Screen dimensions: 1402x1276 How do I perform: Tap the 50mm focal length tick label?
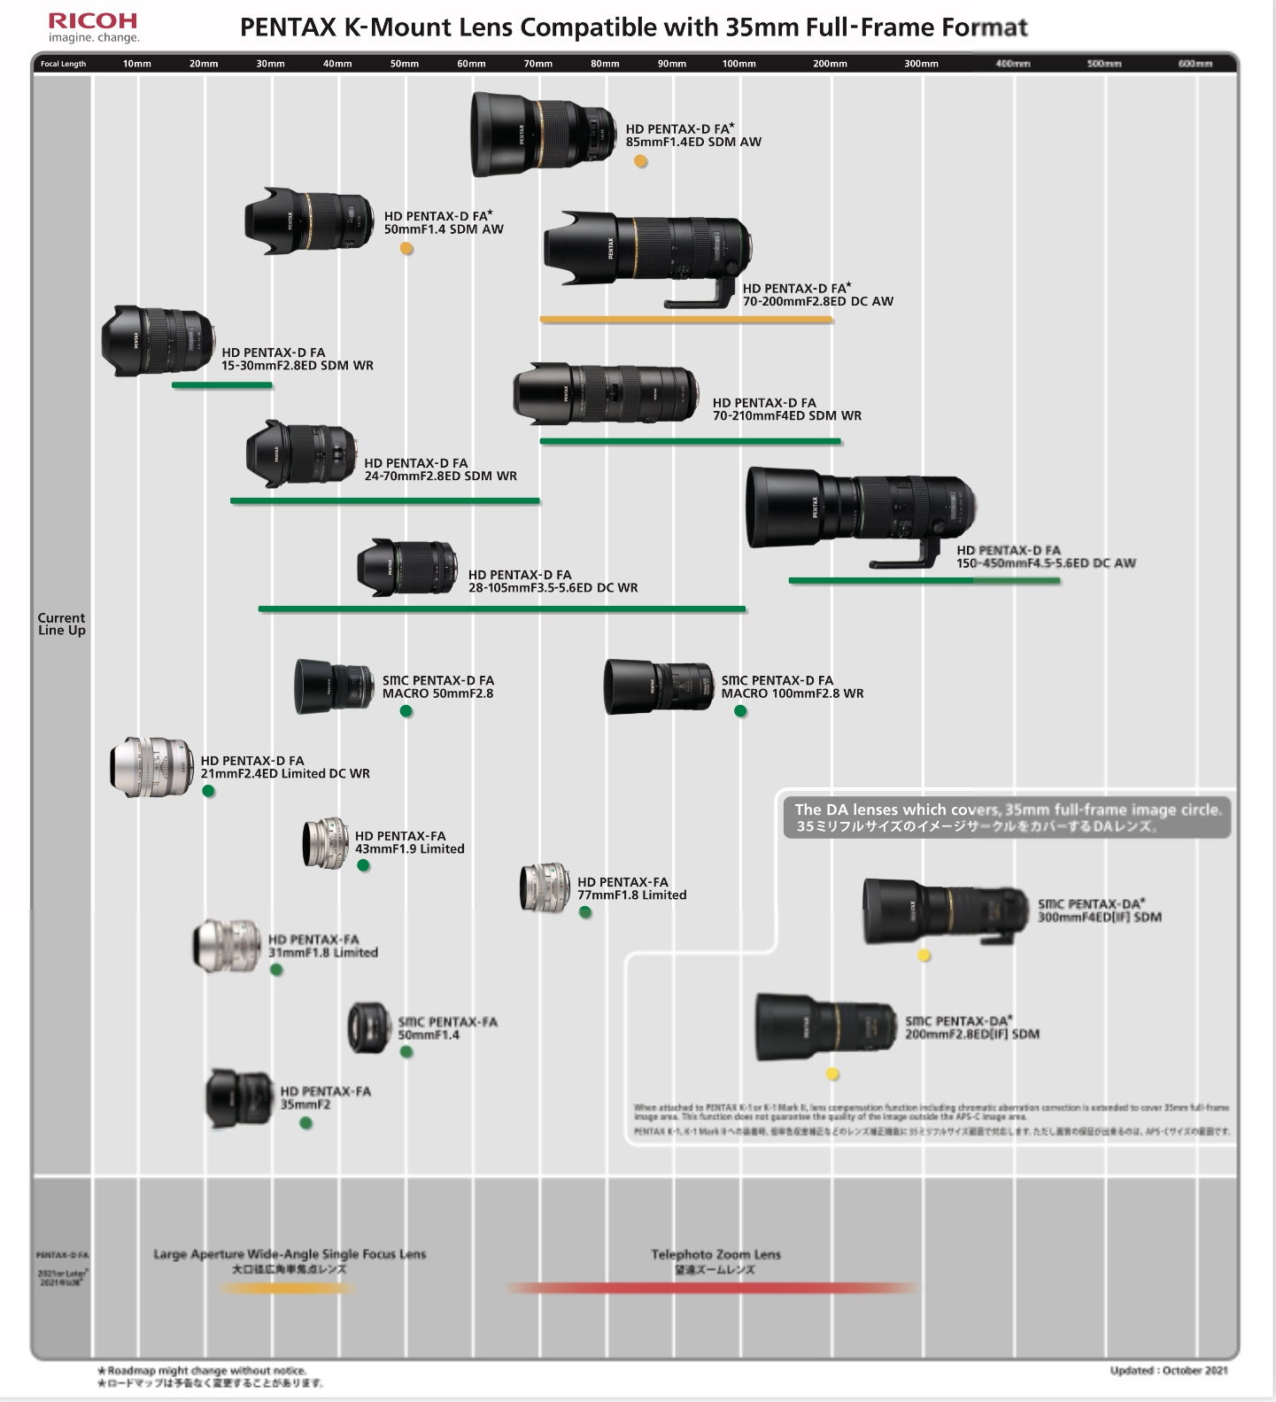pyautogui.click(x=405, y=64)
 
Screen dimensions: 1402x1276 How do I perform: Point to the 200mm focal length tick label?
pyautogui.click(x=830, y=64)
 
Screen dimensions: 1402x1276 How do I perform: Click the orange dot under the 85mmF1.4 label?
pyautogui.click(x=640, y=161)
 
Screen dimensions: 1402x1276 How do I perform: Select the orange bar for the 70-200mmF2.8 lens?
pyautogui.click(x=685, y=320)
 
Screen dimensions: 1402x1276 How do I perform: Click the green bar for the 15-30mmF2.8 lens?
pyautogui.click(x=221, y=385)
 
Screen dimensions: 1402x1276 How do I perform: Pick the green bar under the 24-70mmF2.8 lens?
pyautogui.click(x=384, y=501)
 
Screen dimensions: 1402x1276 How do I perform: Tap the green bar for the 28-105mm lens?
pyautogui.click(x=501, y=609)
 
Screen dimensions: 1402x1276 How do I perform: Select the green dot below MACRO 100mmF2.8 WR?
pyautogui.click(x=740, y=711)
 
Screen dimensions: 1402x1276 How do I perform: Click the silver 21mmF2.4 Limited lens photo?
pyautogui.click(x=151, y=766)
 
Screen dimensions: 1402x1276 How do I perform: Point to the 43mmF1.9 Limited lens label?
pyautogui.click(x=409, y=842)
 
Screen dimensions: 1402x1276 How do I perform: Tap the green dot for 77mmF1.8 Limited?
pyautogui.click(x=585, y=912)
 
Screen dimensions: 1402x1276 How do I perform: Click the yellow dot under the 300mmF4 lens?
pyautogui.click(x=924, y=956)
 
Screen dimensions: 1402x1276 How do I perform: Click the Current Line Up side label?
pyautogui.click(x=62, y=624)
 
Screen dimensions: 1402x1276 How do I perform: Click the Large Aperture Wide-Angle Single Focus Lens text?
pyautogui.click(x=290, y=1254)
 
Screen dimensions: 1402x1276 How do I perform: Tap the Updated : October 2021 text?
pyautogui.click(x=1169, y=1371)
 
